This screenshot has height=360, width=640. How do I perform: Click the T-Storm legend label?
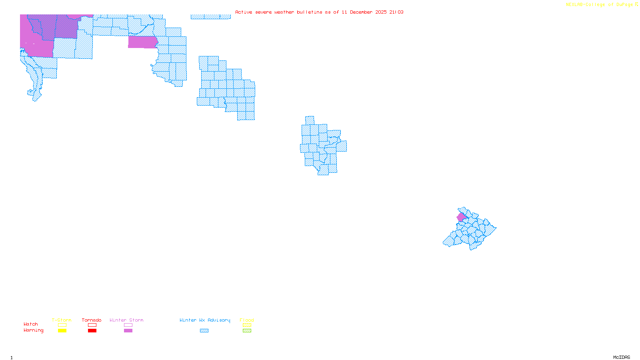point(62,320)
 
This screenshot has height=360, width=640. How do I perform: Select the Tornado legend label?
point(92,320)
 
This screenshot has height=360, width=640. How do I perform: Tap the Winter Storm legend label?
point(126,320)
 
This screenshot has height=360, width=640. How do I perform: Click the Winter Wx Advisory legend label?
point(205,320)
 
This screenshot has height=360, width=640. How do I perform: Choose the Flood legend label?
point(247,320)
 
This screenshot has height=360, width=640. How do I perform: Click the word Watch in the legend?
point(31,324)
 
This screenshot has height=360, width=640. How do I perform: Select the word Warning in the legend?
point(34,330)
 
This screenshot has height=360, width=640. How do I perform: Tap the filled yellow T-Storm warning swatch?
point(62,331)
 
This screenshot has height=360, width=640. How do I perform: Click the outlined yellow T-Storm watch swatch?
point(62,325)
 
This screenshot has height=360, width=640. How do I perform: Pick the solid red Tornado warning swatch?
point(92,331)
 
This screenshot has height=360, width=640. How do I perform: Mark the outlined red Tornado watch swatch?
point(92,325)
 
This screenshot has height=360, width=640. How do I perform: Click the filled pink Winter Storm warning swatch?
point(128,331)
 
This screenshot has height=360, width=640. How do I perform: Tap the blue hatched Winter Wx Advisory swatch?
point(204,331)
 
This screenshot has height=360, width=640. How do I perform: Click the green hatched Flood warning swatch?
point(247,331)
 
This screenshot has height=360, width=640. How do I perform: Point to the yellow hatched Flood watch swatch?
point(247,325)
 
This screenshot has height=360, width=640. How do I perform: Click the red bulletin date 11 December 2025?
point(364,12)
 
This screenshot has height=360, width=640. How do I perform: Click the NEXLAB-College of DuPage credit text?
point(600,5)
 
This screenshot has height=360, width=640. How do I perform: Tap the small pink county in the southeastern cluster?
point(461,217)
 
